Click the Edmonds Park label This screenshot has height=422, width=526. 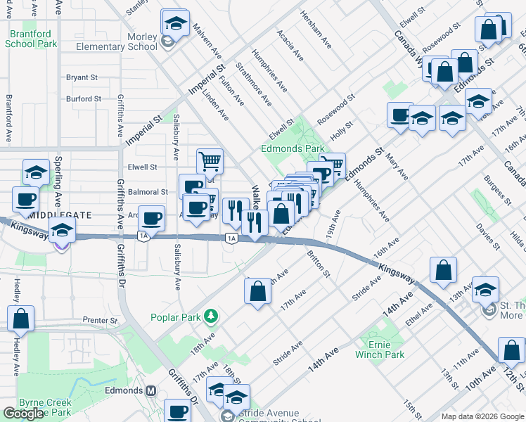[293, 148]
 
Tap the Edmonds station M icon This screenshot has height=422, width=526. [150, 390]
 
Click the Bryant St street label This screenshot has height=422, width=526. [82, 77]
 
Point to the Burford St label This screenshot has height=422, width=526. [84, 99]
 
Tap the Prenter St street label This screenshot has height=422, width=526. [99, 321]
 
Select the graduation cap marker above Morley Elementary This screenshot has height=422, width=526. [175, 22]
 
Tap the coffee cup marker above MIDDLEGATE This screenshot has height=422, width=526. [26, 199]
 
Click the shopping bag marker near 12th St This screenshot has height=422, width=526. [511, 350]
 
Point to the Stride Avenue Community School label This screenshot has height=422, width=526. [269, 417]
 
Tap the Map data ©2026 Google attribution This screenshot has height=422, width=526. [482, 416]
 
